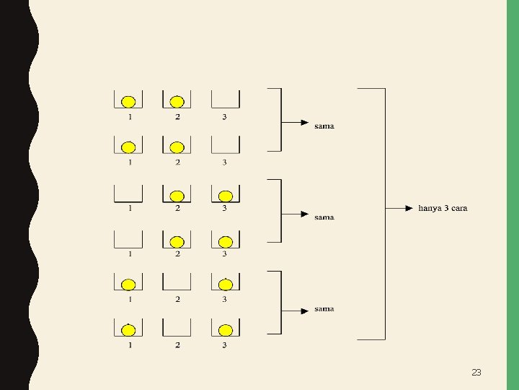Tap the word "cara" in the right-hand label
pos(460,209)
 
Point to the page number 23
pos(476,373)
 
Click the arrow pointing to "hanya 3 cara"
pos(399,208)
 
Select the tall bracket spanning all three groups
pos(385,214)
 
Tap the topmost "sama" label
pos(324,126)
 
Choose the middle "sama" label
pos(324,217)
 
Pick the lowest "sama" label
pos(324,309)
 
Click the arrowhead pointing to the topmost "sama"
pos(305,123)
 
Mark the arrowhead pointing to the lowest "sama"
pos(305,311)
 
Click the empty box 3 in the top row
pos(226,107)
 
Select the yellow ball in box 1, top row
pos(128,102)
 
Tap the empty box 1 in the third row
pos(128,201)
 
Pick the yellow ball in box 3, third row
pos(226,196)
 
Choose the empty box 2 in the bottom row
pos(177,335)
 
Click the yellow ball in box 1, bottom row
pos(128,330)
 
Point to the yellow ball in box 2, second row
pos(177,147)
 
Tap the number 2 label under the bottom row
pos(178,345)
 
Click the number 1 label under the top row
pos(130,117)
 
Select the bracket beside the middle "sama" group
pos(281,211)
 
